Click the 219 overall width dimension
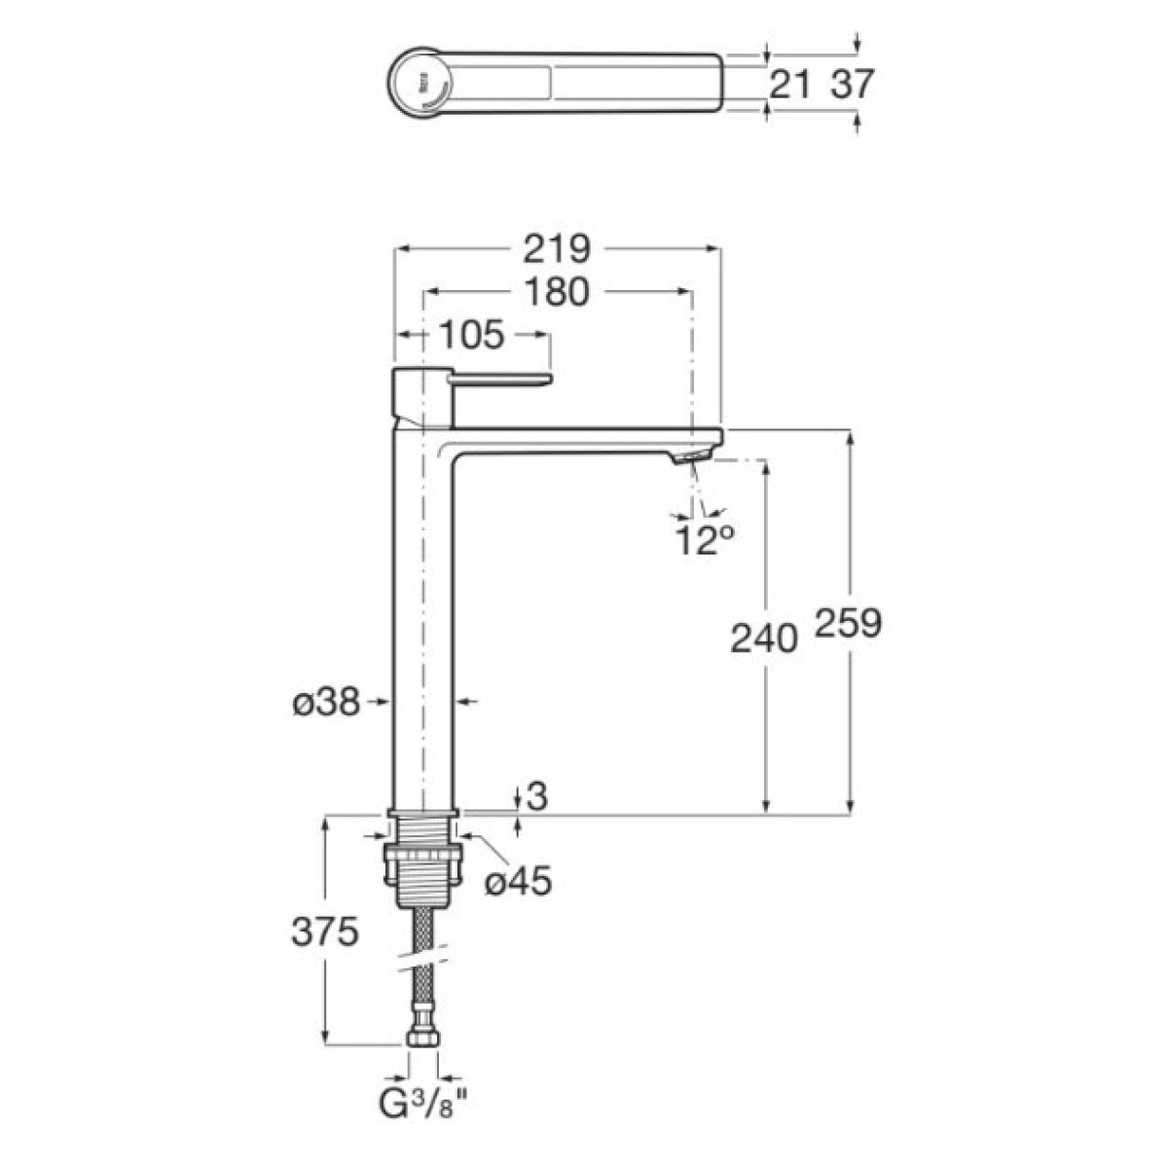tap(557, 249)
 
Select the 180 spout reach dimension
tap(557, 292)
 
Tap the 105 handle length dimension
tap(471, 335)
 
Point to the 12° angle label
tap(705, 539)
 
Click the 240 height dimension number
tap(763, 639)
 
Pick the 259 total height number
tap(848, 623)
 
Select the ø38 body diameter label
tap(327, 703)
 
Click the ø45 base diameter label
tap(518, 881)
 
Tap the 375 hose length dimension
tap(325, 931)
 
